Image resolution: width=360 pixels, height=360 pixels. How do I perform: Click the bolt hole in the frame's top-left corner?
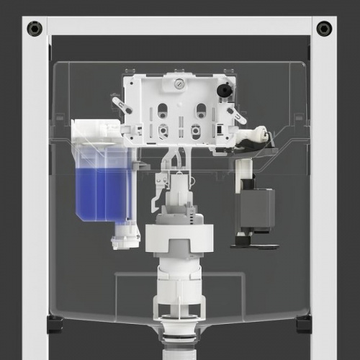pos(35,29)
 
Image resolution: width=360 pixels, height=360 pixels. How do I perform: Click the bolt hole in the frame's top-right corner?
pos(324,29)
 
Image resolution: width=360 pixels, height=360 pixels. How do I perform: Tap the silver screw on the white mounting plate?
pos(178,84)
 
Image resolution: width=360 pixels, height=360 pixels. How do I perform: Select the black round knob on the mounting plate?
pos(224,91)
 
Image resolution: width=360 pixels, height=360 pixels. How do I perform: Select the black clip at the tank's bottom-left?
pos(55,324)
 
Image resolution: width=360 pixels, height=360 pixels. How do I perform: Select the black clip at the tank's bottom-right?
pos(303,324)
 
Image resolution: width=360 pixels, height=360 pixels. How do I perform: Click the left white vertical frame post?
pos(35,194)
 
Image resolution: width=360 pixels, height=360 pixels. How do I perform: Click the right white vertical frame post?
pos(324,194)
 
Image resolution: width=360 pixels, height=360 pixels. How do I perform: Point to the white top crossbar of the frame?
pos(179,25)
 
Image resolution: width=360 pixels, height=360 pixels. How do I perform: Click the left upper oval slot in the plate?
pos(163,110)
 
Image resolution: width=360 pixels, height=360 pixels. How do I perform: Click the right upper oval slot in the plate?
pos(200,110)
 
